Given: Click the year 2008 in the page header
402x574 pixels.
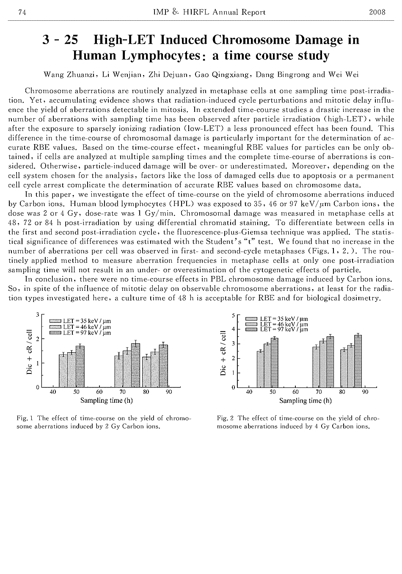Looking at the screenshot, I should [377, 12].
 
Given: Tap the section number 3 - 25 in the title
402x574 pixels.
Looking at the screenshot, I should [62, 40].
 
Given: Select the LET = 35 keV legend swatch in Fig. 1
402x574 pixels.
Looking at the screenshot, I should [56, 321].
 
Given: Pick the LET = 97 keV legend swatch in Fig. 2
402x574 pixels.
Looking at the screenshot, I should [251, 329].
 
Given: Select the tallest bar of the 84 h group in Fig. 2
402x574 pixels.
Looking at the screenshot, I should [358, 361].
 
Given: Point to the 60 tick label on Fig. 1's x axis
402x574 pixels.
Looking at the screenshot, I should [99, 392].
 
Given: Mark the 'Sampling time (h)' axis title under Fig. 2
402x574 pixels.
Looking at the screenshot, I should [306, 401].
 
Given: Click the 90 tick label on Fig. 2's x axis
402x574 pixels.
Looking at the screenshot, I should [365, 392].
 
